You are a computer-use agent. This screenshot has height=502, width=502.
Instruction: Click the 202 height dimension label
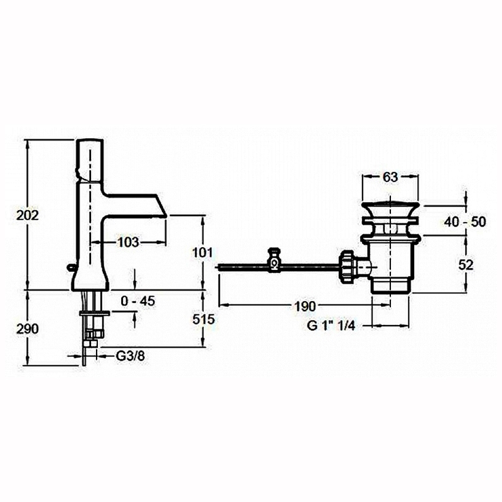click(x=28, y=215)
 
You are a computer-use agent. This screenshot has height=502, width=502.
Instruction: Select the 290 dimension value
click(x=28, y=329)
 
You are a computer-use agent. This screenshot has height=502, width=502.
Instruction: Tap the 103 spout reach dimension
click(x=128, y=242)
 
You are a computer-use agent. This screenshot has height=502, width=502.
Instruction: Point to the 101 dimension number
click(x=202, y=253)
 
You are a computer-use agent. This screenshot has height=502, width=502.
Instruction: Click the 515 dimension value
click(x=203, y=319)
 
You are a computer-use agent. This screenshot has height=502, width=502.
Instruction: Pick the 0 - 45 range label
click(x=138, y=301)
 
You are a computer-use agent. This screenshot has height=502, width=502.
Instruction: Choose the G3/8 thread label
click(x=130, y=356)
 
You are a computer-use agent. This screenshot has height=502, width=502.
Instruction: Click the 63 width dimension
click(x=390, y=177)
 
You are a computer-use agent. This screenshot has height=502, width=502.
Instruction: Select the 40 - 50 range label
click(x=465, y=222)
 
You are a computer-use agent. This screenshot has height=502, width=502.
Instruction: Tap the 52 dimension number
click(x=466, y=265)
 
